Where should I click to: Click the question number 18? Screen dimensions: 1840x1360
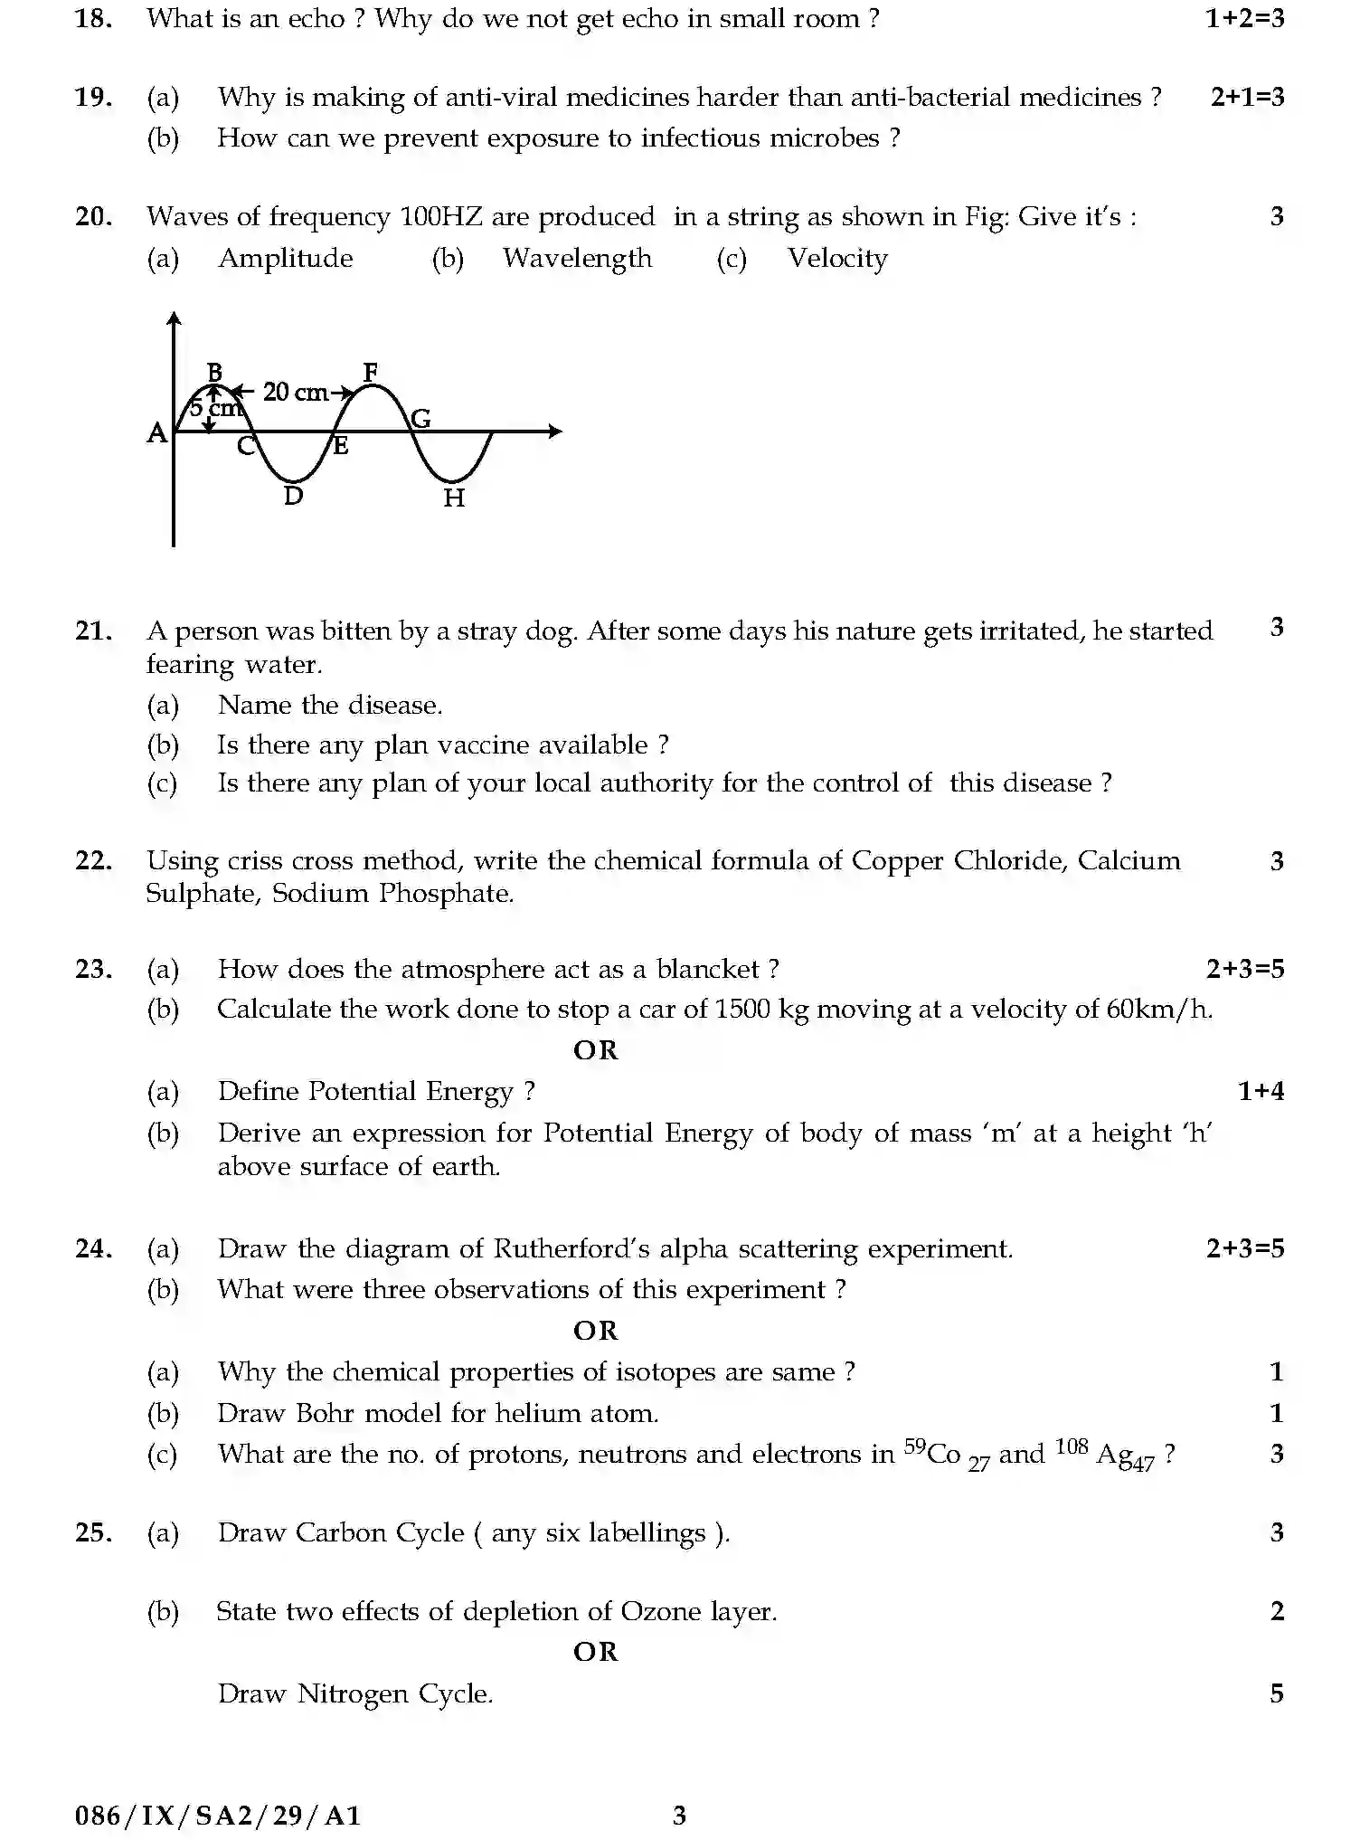93,18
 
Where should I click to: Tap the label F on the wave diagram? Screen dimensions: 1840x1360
370,372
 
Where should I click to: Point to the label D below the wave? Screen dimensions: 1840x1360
293,496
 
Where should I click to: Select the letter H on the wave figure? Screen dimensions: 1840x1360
454,498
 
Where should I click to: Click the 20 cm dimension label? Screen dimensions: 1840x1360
296,393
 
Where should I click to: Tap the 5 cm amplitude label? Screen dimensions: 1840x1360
217,408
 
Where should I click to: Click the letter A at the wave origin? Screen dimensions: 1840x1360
156,433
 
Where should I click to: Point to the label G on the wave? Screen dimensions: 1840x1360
421,418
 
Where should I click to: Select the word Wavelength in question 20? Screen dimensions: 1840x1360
577,258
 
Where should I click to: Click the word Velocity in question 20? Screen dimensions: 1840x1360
837,258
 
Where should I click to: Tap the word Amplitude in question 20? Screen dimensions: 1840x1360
286,258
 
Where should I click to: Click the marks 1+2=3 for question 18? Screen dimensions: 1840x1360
1244,18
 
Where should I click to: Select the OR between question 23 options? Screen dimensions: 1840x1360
596,1050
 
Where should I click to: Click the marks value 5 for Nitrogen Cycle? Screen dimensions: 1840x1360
1277,1693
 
